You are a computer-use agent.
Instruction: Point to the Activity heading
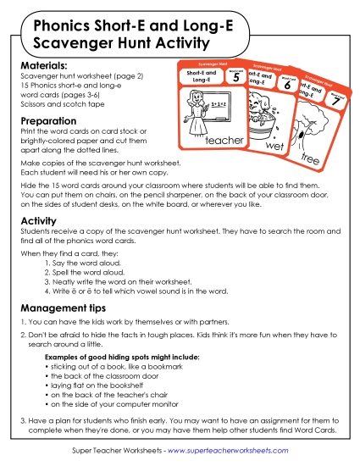[x=38, y=221]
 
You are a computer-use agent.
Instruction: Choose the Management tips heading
[x=64, y=309]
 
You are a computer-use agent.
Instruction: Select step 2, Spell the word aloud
[x=87, y=274]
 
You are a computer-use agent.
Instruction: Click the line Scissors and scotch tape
[x=58, y=104]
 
